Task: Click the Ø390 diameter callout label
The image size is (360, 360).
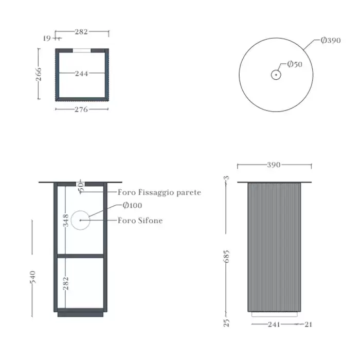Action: click(331, 41)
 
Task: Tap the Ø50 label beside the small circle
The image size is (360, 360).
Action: click(295, 64)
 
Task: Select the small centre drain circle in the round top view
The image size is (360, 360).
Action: click(276, 75)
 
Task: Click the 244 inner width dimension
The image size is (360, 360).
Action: click(81, 74)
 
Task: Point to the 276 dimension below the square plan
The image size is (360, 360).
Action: click(81, 109)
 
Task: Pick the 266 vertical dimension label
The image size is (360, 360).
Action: click(39, 74)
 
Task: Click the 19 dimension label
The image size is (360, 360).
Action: click(47, 39)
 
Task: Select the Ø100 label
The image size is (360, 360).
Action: click(132, 205)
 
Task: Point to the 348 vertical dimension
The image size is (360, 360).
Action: click(66, 220)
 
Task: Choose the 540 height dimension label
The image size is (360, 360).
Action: click(33, 277)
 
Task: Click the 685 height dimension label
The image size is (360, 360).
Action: click(226, 257)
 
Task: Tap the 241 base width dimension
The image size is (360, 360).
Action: click(274, 325)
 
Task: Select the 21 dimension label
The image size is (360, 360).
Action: click(309, 325)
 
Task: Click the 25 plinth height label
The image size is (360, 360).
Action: click(226, 322)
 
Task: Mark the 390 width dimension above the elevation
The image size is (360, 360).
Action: click(274, 165)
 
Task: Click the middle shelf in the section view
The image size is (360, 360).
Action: click(80, 256)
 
